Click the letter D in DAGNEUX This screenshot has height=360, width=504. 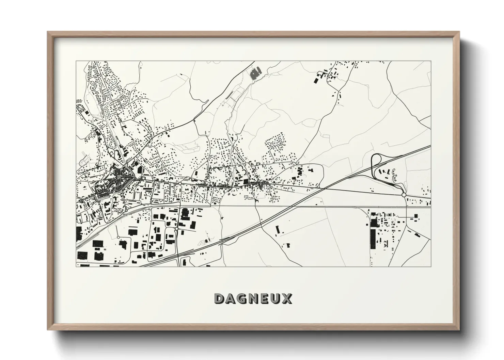(220, 299)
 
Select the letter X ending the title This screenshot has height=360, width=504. (287, 299)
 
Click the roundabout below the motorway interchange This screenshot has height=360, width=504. (404, 195)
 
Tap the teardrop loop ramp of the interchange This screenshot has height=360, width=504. (377, 160)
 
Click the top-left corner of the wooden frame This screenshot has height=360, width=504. (48, 32)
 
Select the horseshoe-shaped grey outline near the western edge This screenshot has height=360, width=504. (84, 160)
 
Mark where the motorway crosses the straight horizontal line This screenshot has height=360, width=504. (300, 206)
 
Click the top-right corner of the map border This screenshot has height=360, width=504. (431, 61)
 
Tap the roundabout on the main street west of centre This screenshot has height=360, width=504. (180, 183)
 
